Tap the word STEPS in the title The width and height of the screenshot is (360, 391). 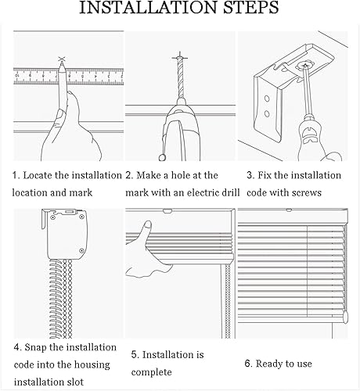251,8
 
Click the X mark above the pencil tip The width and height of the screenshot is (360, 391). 61,59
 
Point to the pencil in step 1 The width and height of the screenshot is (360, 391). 63,86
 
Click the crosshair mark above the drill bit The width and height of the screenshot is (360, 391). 180,57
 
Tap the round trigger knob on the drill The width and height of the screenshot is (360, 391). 163,157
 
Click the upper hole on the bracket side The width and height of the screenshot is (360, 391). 267,99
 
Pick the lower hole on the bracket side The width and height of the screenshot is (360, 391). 267,113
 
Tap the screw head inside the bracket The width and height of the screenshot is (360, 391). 304,65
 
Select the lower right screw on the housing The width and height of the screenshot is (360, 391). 81,251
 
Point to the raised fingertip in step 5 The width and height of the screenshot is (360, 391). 148,225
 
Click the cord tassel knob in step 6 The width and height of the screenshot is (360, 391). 345,318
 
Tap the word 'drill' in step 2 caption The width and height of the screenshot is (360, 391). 230,192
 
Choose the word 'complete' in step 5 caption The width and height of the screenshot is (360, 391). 151,372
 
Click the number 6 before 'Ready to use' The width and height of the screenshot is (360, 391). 247,364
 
